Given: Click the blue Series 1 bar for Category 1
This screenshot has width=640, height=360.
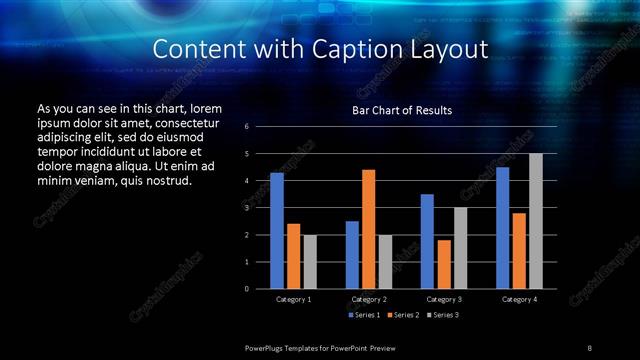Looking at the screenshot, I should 277,231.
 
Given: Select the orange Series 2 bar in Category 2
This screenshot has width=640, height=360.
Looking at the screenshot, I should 368,229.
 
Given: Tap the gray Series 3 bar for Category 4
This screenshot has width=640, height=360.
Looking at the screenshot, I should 535,221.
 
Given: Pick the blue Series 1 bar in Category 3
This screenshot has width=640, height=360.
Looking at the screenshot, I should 427,241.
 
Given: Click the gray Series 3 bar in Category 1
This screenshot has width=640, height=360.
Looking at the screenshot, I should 310,262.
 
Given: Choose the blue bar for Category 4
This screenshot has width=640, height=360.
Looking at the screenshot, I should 502,228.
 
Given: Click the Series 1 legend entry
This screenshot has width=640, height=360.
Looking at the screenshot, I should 365,315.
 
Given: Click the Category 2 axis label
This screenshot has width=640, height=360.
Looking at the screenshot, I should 369,299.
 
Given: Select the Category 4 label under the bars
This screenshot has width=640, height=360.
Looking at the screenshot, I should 519,299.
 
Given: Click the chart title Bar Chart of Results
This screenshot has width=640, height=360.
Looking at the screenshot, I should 403,110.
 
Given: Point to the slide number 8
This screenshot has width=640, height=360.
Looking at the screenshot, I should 590,347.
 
